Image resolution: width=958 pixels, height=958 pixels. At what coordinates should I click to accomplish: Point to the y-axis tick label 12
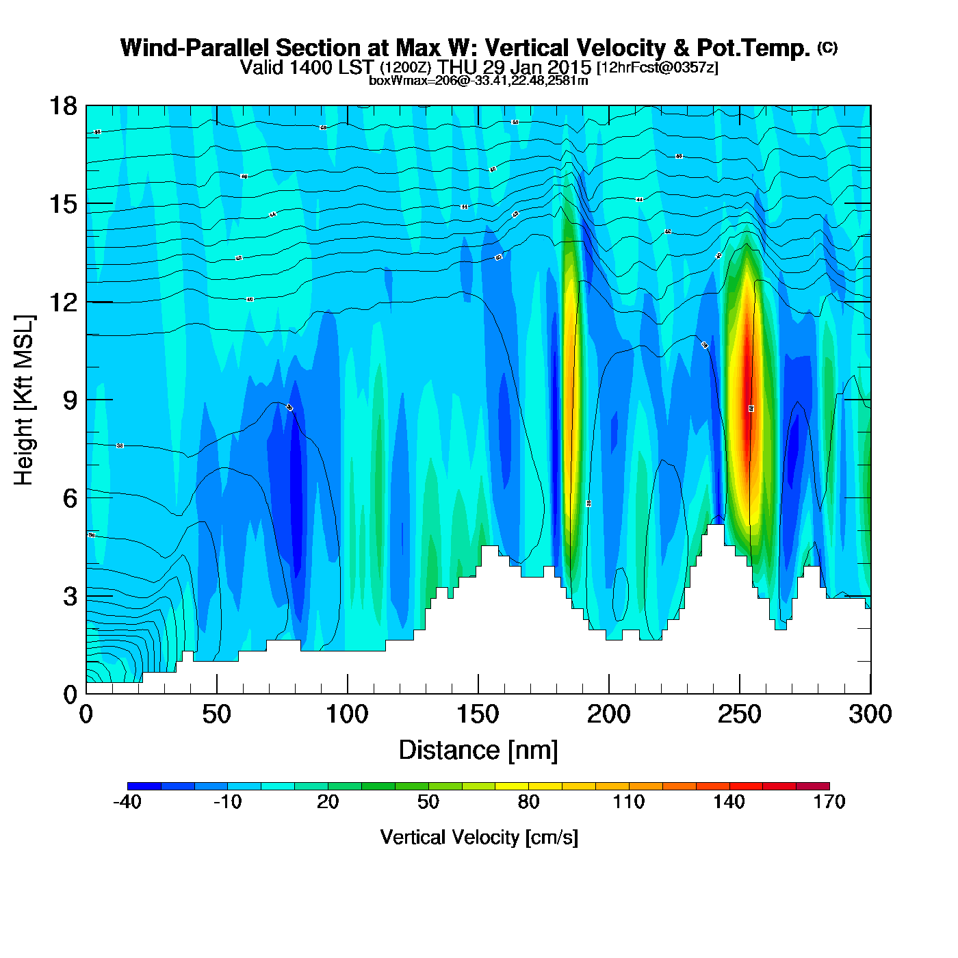tap(63, 302)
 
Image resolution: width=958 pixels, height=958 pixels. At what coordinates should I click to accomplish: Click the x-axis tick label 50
tap(216, 715)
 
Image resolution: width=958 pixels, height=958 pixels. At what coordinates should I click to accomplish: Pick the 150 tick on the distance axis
tap(478, 715)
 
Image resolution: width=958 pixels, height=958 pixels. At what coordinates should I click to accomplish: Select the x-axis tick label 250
tap(739, 715)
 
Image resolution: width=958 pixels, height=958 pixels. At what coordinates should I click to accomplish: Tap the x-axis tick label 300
tap(870, 715)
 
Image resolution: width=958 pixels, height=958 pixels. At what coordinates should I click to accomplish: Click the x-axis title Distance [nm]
tap(478, 751)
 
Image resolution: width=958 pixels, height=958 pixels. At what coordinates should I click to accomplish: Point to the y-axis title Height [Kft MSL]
tap(24, 400)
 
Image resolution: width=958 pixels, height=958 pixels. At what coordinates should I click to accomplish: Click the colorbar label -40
tap(127, 802)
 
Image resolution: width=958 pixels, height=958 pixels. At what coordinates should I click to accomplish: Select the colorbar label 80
tap(528, 802)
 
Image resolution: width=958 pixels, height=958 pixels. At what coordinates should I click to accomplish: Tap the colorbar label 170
tap(829, 802)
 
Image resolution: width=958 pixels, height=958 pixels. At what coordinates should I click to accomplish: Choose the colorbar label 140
tap(729, 802)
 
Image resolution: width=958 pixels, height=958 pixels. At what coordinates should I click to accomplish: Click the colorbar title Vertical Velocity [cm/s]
tap(479, 837)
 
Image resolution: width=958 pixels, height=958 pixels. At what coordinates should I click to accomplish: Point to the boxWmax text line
tap(478, 81)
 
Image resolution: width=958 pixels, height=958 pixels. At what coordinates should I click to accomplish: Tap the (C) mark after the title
tap(827, 47)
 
